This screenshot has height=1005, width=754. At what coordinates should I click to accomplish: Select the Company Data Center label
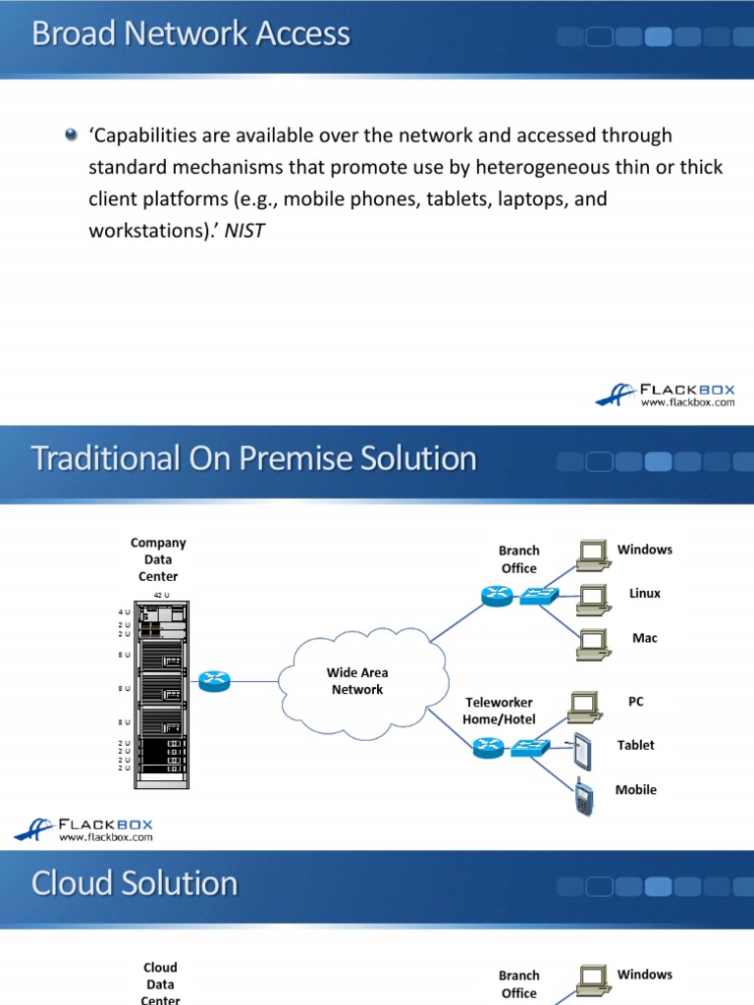point(158,559)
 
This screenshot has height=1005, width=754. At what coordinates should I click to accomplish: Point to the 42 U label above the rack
point(160,596)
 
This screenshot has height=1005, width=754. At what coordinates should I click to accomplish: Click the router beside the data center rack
point(215,680)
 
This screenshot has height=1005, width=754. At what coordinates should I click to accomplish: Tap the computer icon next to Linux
point(592,596)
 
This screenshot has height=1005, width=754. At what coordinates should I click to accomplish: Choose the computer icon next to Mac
point(592,640)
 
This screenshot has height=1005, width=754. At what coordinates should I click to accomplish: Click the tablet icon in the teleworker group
point(583,751)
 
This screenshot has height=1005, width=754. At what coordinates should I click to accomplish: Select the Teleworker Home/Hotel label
point(499,711)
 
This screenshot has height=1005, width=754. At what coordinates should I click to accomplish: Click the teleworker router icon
point(487,748)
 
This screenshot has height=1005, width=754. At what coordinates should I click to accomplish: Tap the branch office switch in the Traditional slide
point(538,595)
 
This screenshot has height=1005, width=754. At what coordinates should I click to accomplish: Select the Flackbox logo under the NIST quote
point(665,395)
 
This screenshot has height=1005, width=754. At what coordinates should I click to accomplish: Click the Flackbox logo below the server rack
point(83,829)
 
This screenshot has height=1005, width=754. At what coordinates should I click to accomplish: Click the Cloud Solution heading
point(135,883)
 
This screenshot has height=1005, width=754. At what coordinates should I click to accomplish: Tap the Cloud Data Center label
point(160,983)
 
